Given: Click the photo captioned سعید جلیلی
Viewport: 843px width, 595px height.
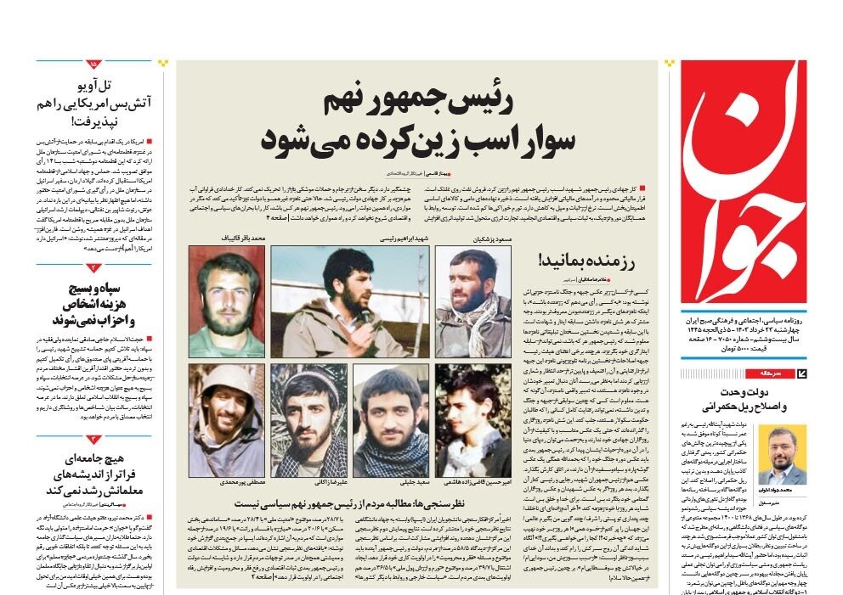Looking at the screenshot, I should point(391,421).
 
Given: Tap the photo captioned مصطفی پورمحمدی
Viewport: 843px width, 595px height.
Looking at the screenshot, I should point(227,421).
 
